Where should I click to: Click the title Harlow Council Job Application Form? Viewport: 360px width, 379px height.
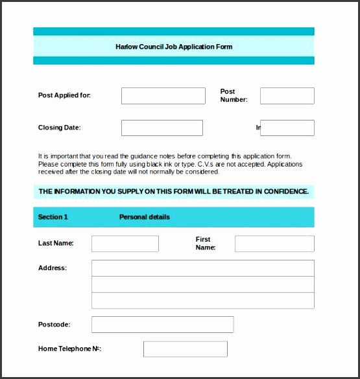click(x=174, y=47)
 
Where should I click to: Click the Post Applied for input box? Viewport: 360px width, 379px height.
click(x=163, y=95)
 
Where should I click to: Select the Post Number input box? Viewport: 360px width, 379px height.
click(x=287, y=95)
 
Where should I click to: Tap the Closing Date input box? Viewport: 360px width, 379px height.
click(x=162, y=128)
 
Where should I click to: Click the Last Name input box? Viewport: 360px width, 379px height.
click(x=125, y=244)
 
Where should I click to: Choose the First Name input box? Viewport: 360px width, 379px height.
click(x=274, y=244)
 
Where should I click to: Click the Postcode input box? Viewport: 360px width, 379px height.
click(x=162, y=325)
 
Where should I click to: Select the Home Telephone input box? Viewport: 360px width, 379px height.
click(x=185, y=349)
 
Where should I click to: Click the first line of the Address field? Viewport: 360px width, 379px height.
click(x=202, y=268)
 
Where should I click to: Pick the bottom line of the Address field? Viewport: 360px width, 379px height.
click(x=202, y=301)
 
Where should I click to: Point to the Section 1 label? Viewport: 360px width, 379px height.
click(x=53, y=217)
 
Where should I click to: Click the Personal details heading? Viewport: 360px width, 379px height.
click(x=145, y=217)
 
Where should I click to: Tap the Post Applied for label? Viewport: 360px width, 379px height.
click(x=64, y=95)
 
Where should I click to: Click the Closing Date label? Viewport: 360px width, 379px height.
click(x=60, y=128)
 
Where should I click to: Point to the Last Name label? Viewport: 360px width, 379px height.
click(x=56, y=244)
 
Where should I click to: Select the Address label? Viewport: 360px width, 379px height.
click(x=53, y=268)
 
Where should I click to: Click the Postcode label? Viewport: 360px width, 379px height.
click(x=54, y=325)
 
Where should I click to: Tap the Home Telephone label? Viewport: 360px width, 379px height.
click(x=69, y=349)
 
